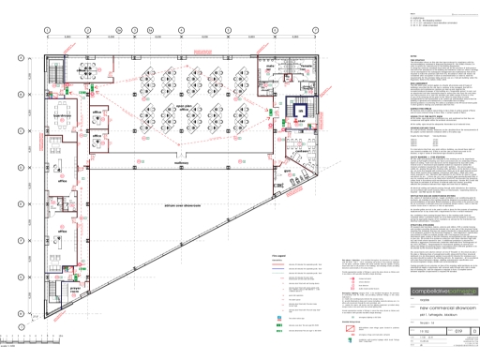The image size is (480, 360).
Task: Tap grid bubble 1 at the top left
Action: [46, 30]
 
